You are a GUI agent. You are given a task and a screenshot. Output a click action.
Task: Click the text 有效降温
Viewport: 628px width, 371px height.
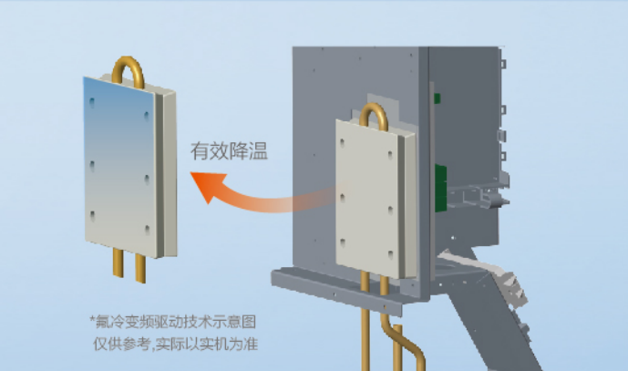(229, 151)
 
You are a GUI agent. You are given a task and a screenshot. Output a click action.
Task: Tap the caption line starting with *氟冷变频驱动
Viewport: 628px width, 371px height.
(173, 322)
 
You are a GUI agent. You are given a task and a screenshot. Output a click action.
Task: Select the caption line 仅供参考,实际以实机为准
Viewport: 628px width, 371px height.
(175, 344)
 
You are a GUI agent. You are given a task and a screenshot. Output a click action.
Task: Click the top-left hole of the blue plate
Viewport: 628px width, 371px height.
(92, 103)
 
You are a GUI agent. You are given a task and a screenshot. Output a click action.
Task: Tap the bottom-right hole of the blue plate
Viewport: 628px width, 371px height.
(147, 230)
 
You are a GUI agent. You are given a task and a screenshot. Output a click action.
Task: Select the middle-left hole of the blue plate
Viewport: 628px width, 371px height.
(92, 166)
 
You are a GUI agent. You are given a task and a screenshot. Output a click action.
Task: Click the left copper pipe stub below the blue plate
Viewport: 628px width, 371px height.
(118, 263)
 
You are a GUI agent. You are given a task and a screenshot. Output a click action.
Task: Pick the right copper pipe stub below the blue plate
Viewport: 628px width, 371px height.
(140, 268)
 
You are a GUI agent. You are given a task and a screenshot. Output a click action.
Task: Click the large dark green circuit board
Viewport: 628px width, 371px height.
(441, 189)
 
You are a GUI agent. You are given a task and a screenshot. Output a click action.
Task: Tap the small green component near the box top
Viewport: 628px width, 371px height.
(437, 98)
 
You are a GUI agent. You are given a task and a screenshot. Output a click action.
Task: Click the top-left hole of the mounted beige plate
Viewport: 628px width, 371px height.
(342, 143)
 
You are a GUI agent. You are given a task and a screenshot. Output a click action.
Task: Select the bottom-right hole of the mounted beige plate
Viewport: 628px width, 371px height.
(390, 255)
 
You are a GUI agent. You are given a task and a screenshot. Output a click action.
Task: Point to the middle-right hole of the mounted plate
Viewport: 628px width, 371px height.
(390, 210)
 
